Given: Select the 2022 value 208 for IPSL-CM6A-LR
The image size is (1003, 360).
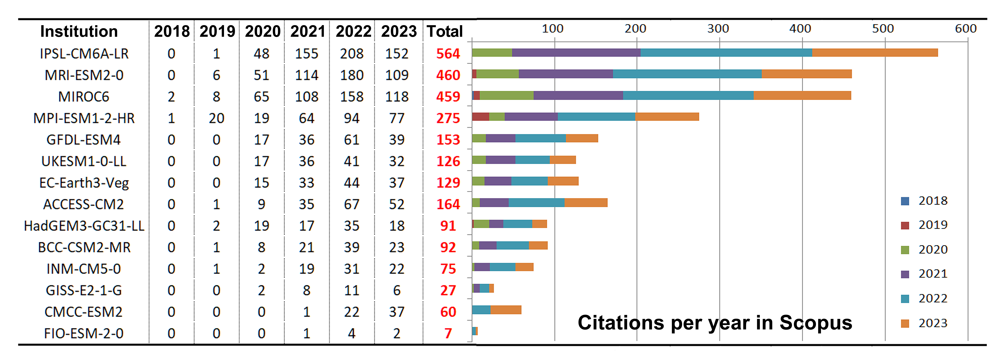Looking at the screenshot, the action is click(352, 54).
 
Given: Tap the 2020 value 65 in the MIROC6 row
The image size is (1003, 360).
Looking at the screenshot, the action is click(261, 96).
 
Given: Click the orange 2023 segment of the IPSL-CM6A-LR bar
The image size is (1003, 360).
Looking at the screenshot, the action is click(875, 53).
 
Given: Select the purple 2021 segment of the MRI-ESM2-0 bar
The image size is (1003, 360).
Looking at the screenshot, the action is click(566, 74).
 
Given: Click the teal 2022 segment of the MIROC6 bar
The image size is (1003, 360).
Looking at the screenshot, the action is click(688, 95).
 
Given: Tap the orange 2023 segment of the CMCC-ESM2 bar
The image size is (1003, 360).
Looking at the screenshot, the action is click(506, 310).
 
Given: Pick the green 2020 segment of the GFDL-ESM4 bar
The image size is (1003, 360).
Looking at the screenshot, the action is click(479, 138).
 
